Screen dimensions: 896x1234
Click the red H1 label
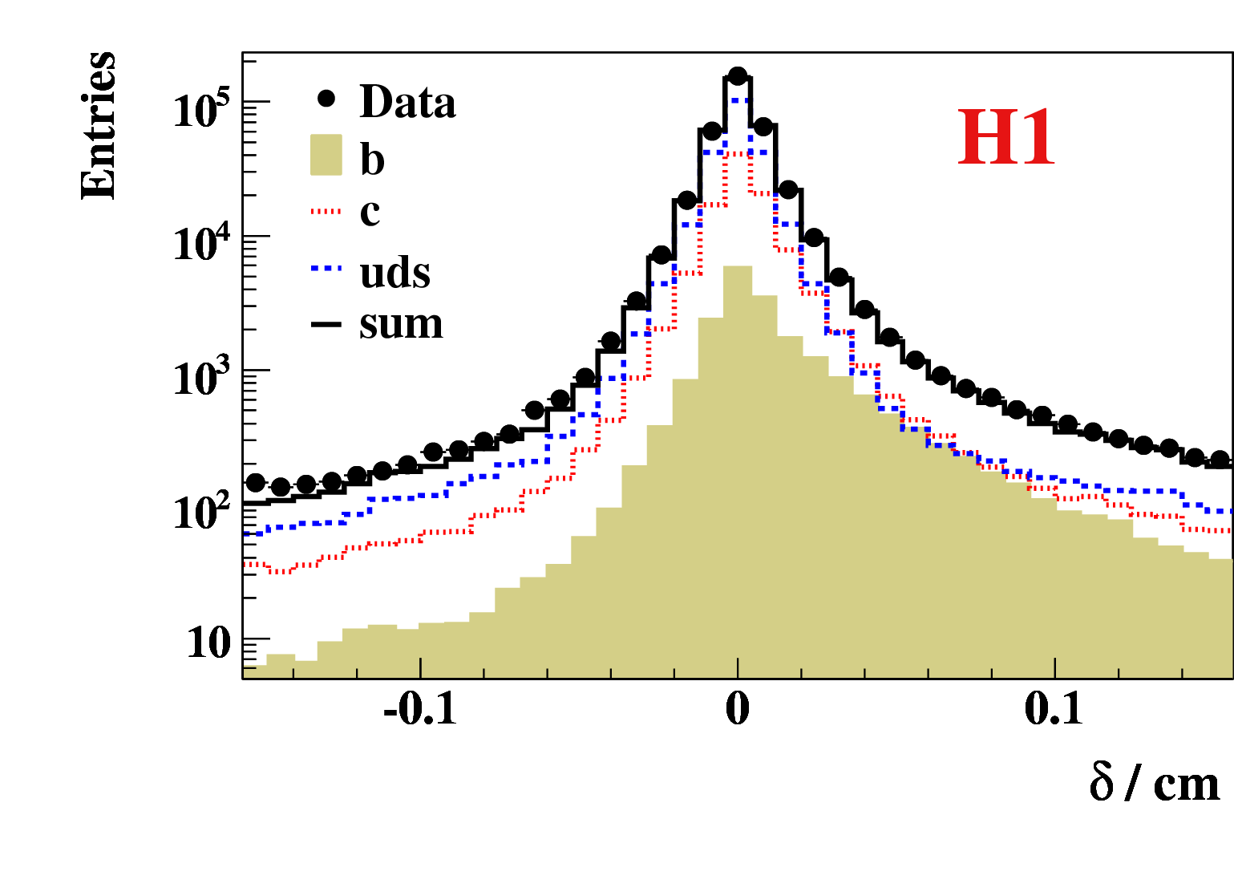click(x=1006, y=139)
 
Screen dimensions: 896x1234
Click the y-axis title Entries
click(x=99, y=125)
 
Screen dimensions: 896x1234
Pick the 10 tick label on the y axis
click(x=208, y=643)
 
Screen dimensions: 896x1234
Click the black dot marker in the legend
click(x=326, y=99)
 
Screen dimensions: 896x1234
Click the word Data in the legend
click(x=408, y=102)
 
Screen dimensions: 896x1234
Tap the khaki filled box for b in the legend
click(x=326, y=155)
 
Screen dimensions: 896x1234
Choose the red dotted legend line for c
click(x=326, y=212)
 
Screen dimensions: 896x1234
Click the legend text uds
click(x=395, y=273)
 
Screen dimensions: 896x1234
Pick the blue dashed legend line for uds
click(x=326, y=268)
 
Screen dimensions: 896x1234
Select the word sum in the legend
click(x=401, y=323)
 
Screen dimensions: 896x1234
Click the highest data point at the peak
click(x=738, y=76)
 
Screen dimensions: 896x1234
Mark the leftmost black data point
click(x=255, y=483)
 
